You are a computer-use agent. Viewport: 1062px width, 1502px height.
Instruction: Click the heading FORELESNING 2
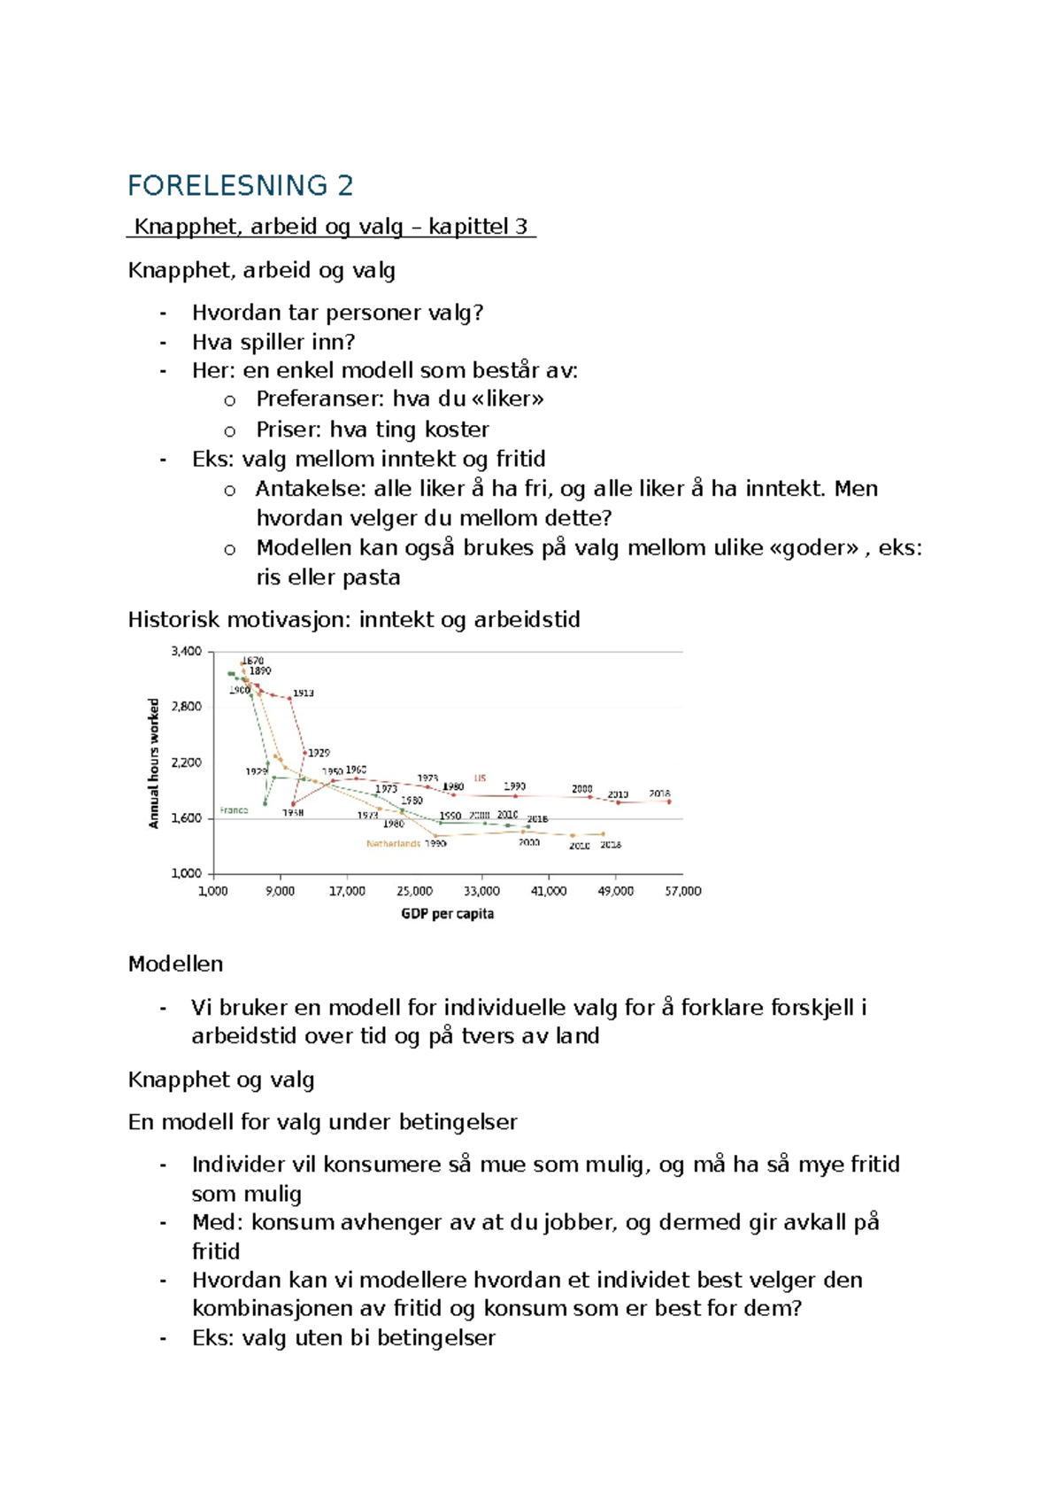(240, 186)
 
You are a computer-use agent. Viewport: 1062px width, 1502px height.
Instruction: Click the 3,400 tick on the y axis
(186, 651)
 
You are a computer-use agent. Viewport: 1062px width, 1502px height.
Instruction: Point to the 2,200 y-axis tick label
(186, 763)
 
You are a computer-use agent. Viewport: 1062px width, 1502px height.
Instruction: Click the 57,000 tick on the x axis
(682, 891)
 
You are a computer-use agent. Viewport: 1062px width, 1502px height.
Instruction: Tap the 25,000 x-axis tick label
(414, 891)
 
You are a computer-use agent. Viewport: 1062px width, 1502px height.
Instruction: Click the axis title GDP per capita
(447, 914)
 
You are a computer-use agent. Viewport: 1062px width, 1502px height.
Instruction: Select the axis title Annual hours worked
(154, 763)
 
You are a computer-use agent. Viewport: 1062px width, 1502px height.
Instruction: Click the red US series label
(480, 778)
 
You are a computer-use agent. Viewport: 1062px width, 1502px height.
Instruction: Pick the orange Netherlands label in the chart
(393, 844)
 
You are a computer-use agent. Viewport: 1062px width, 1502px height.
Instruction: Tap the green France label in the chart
(234, 810)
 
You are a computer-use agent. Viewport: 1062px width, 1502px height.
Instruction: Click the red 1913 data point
(290, 698)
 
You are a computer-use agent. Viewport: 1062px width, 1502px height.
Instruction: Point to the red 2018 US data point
(669, 801)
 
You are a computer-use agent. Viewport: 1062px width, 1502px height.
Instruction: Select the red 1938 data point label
(294, 813)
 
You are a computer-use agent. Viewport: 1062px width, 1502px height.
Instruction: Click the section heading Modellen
(175, 964)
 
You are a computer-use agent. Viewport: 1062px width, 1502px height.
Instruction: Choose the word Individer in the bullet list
(233, 1164)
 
